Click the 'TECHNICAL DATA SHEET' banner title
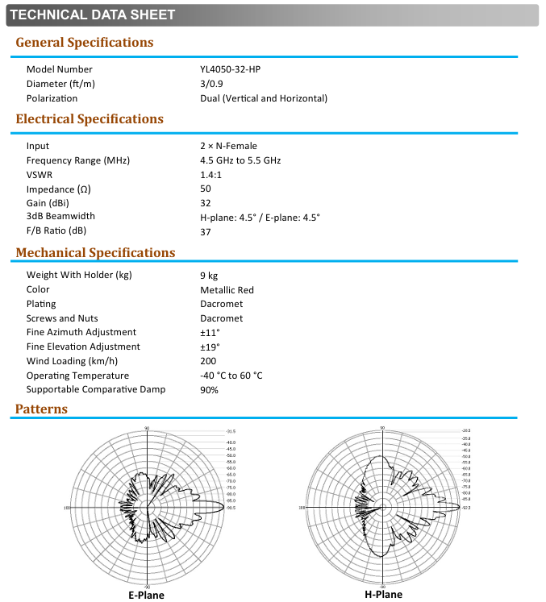(x=92, y=15)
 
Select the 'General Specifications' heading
(x=84, y=43)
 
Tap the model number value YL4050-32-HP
(x=230, y=70)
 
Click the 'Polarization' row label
(x=52, y=98)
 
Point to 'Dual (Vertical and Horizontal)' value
(x=264, y=98)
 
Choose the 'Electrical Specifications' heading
(x=90, y=119)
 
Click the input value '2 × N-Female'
(x=228, y=147)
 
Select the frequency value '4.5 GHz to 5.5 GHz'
(x=240, y=161)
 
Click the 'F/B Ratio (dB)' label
(x=56, y=230)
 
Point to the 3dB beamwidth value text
(x=260, y=218)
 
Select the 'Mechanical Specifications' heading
(x=95, y=253)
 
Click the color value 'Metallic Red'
(x=227, y=290)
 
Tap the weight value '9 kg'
(x=209, y=276)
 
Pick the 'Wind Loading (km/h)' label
(x=72, y=361)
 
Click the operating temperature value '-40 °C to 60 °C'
(x=231, y=376)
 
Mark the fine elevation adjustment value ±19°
(x=210, y=347)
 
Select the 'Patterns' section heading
(x=41, y=409)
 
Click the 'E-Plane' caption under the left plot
(x=146, y=595)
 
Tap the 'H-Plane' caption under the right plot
(x=383, y=594)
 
